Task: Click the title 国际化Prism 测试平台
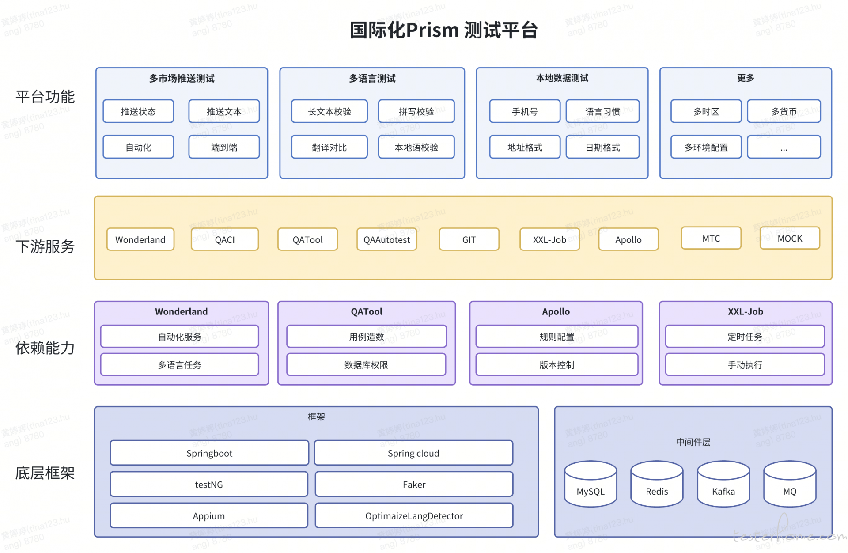coord(443,30)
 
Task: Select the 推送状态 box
coord(138,111)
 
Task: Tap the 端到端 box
coord(224,147)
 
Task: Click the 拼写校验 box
coord(416,111)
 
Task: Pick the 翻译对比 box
coord(329,147)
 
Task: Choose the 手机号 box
coord(525,111)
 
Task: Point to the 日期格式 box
coord(602,147)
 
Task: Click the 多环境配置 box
coord(706,147)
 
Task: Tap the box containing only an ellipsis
coord(784,147)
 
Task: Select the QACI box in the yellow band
coord(225,239)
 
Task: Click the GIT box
coord(469,239)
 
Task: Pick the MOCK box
coord(790,238)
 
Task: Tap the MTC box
coord(711,238)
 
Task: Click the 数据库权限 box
coord(366,364)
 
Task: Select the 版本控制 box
coord(556,364)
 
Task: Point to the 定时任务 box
coord(745,337)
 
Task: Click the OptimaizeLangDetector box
coord(414,515)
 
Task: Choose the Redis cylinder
coord(657,484)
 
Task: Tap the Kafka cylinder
coord(723,484)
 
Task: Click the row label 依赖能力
coord(45,348)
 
